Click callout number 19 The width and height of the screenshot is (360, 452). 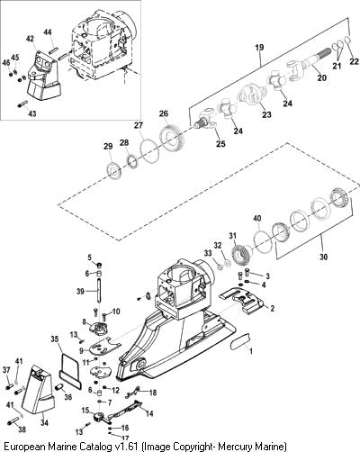[x=260, y=48]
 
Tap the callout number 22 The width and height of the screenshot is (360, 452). [x=355, y=61]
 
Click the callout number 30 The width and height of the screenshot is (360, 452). [x=323, y=257]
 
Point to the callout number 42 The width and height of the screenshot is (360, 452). [x=30, y=39]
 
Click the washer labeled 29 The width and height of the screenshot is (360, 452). [x=114, y=171]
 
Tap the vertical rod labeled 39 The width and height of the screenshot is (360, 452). [x=98, y=291]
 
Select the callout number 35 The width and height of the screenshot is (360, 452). [x=55, y=339]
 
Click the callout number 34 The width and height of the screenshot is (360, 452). [x=44, y=422]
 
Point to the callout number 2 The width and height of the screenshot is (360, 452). [x=272, y=308]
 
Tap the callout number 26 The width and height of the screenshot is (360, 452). [x=172, y=113]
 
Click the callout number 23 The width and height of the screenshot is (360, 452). [x=266, y=114]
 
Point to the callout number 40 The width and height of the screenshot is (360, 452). [x=257, y=218]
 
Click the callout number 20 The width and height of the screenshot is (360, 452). [x=321, y=77]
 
